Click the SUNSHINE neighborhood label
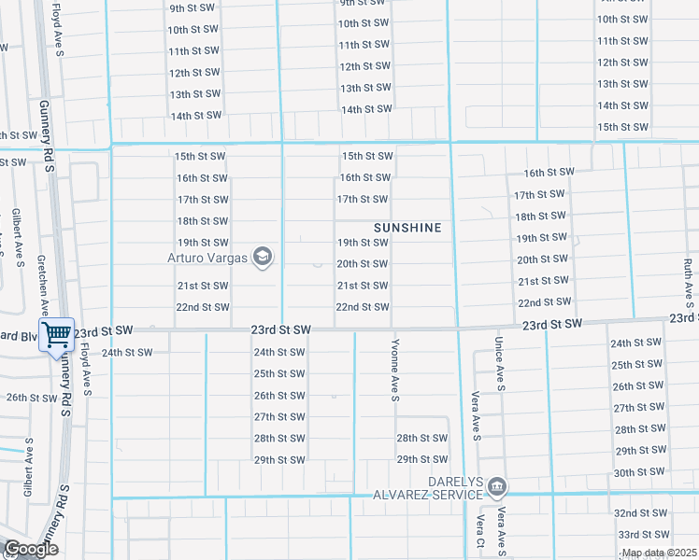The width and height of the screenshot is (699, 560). coord(407,228)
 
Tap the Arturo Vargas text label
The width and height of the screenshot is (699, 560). coord(208,257)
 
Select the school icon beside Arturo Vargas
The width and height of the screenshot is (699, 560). coord(263,257)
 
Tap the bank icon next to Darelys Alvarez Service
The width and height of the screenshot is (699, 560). coord(497,485)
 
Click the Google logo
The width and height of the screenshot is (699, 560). coord(30,549)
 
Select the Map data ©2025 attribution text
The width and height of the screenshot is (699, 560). coord(659,553)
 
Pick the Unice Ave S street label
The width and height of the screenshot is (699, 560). coord(500,364)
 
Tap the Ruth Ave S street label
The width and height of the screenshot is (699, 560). coord(688,276)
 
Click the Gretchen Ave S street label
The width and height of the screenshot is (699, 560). coord(43,286)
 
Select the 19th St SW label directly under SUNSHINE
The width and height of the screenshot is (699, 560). coord(363,243)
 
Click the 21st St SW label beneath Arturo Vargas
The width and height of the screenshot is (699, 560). coord(203,286)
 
